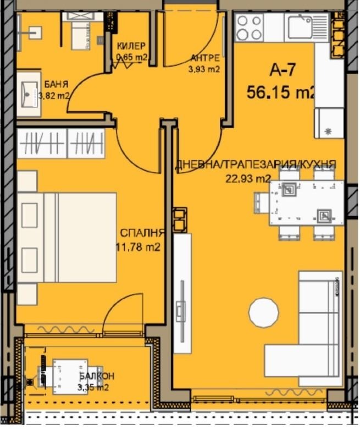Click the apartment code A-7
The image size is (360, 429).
tap(283, 70)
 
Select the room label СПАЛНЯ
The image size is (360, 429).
tap(139, 232)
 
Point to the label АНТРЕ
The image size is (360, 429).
tap(205, 58)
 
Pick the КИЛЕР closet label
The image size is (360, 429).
tap(130, 46)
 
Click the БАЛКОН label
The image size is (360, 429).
tap(96, 376)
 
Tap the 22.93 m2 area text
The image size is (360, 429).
tap(248, 178)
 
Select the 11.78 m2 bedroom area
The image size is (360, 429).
tap(137, 247)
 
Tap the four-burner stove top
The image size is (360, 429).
tap(248, 28)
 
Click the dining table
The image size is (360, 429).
tap(306, 202)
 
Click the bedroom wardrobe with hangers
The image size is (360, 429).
tap(60, 144)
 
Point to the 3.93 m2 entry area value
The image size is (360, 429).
tap(205, 69)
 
